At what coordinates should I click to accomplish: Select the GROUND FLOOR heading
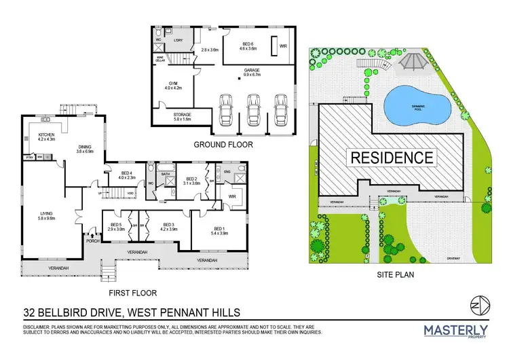[x=223, y=145]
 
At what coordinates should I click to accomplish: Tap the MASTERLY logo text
[x=455, y=329]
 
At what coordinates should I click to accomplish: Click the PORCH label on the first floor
[x=93, y=240]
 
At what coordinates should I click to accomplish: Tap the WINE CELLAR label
[x=162, y=58]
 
